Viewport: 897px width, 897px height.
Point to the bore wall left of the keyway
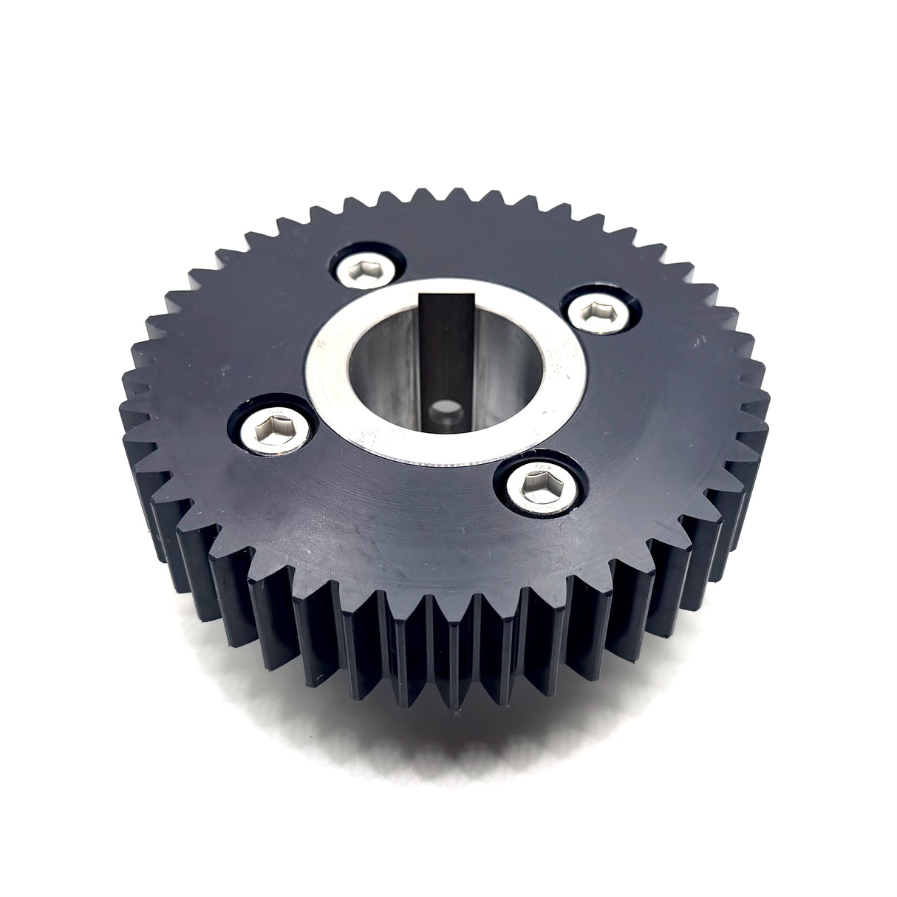pyautogui.click(x=384, y=369)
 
